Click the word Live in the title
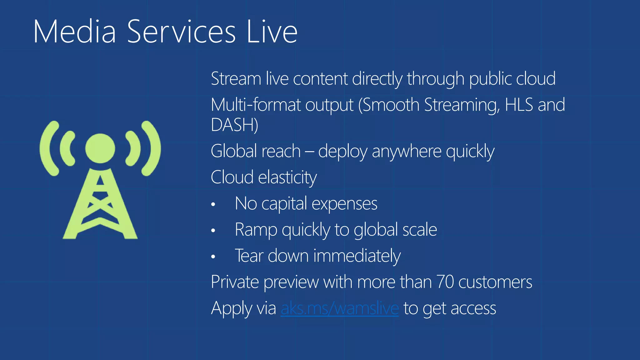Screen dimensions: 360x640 [x=272, y=32]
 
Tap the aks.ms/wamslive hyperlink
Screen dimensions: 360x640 [x=340, y=308]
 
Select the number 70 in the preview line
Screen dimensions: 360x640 [x=445, y=282]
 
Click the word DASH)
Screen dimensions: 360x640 [x=234, y=125]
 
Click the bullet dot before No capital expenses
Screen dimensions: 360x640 [x=213, y=205]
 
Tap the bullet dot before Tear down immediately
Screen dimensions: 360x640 [x=213, y=257]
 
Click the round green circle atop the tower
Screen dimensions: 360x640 [x=100, y=148]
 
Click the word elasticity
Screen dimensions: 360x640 [x=287, y=177]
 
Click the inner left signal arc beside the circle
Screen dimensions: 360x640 [x=67, y=148]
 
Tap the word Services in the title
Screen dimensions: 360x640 [x=181, y=32]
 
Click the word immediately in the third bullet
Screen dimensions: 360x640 [x=357, y=256]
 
